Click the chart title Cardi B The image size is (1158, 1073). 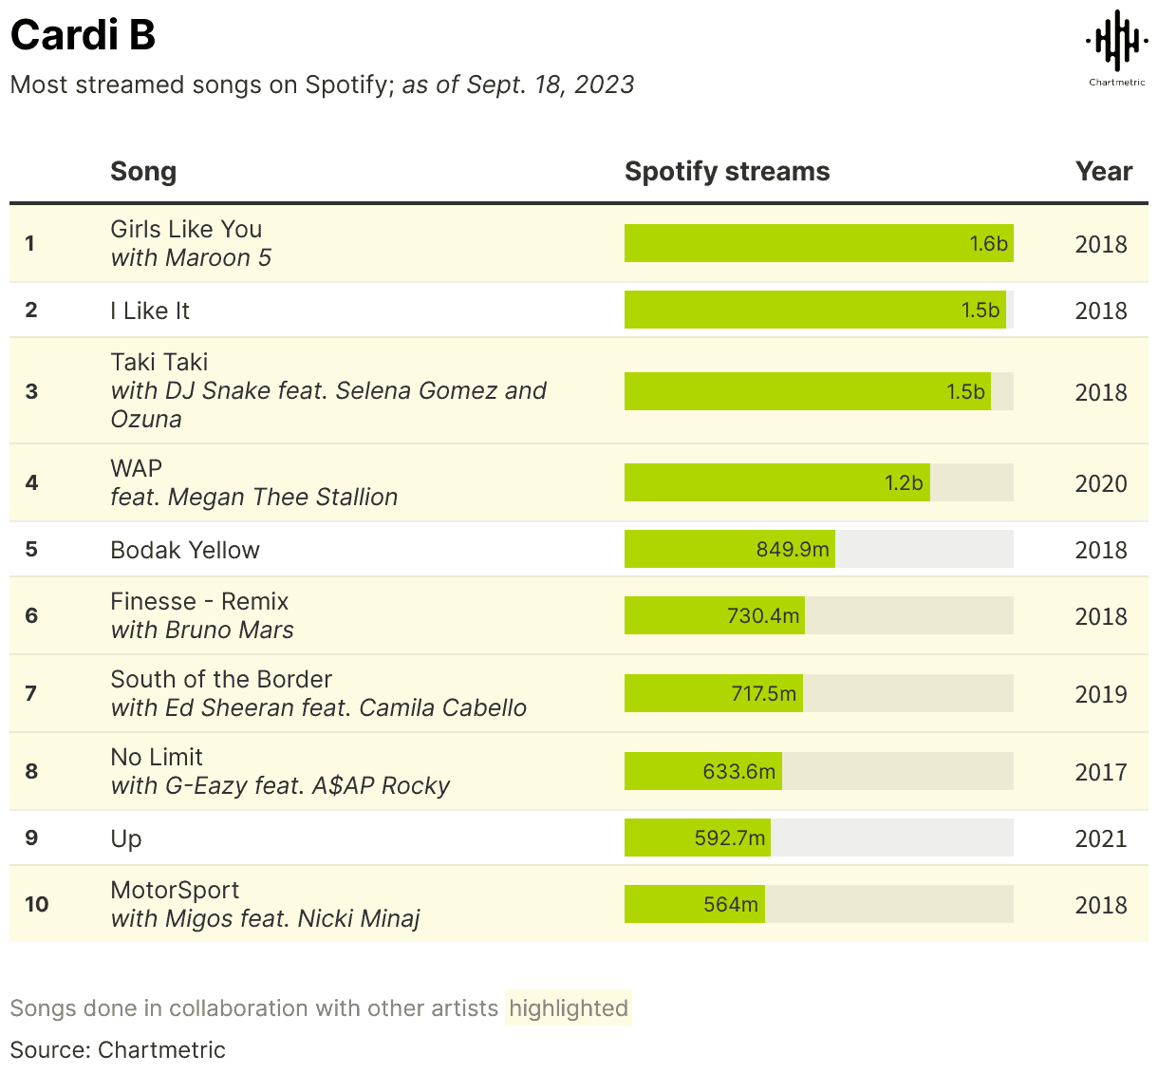(83, 36)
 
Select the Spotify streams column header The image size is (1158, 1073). (726, 171)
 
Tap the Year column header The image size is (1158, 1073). (1103, 171)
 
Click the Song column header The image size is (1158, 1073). (143, 171)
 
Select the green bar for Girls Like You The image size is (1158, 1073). (818, 243)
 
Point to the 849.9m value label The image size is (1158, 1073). (793, 550)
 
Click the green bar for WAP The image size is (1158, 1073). (776, 482)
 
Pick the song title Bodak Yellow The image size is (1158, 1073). (185, 550)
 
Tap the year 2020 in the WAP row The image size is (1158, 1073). (1100, 483)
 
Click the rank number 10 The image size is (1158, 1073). (36, 904)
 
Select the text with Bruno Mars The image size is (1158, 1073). (202, 631)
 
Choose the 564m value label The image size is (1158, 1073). (730, 905)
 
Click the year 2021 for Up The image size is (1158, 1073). (1100, 838)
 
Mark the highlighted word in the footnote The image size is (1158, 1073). (568, 1007)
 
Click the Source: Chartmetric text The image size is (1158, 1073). (118, 1049)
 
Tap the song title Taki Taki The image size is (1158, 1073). (159, 362)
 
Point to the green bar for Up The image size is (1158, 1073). (697, 838)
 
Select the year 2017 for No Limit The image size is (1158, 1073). (1100, 772)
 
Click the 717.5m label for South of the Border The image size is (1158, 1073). (763, 694)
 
